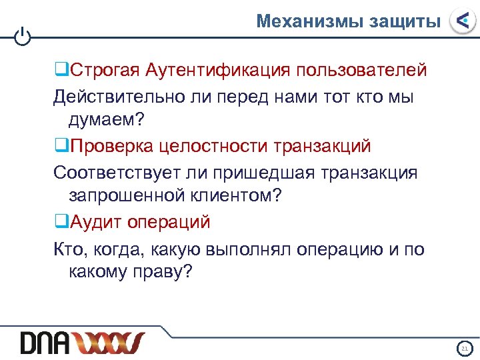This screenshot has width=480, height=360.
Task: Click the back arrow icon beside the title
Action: tap(462, 21)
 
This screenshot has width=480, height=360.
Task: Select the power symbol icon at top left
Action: tap(22, 37)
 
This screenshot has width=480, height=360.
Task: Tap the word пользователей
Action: tap(362, 69)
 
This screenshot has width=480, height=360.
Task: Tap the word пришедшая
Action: tap(277, 172)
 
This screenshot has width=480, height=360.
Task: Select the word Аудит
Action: tap(93, 221)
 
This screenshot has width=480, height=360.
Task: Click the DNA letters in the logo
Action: tap(45, 343)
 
